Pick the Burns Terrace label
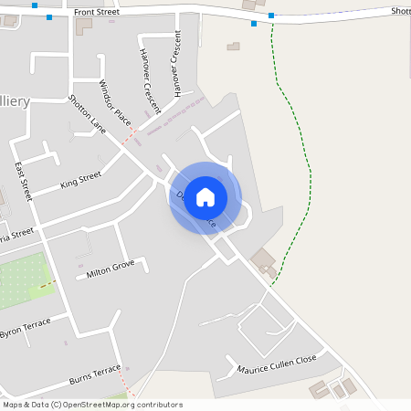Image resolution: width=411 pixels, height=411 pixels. point(95,374)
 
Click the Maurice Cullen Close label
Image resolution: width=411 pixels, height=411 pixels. point(276,364)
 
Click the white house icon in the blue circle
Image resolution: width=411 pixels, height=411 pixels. point(205,197)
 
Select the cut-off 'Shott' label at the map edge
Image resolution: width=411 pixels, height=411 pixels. point(400,11)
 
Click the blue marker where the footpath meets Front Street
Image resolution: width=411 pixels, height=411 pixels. point(271,16)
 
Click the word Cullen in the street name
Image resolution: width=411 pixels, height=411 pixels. point(277,364)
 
